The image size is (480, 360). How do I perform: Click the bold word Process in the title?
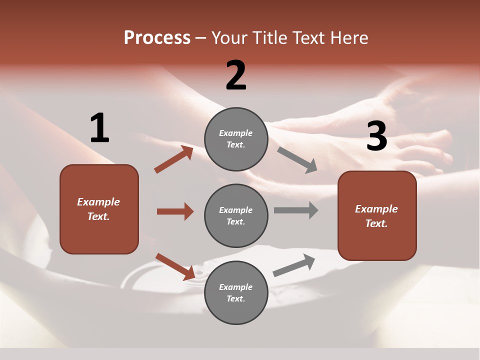[157, 38]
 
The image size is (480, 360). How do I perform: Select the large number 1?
[99, 128]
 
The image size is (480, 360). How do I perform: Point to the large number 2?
[236, 75]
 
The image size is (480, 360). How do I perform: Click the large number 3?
[376, 136]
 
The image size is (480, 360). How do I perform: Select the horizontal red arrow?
[175, 211]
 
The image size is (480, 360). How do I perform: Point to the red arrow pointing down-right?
[175, 266]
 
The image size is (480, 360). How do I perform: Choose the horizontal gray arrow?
[296, 210]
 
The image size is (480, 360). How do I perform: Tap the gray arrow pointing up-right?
[294, 265]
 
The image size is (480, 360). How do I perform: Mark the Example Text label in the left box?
[98, 209]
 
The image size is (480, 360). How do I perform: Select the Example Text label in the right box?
[376, 216]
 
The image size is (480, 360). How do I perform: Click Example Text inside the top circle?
[236, 139]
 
